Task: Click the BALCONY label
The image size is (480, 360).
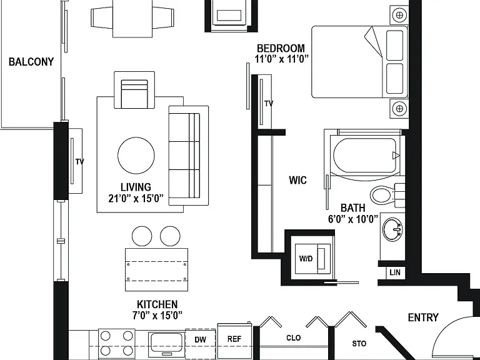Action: (x=31, y=62)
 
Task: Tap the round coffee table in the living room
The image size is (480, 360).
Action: (x=136, y=155)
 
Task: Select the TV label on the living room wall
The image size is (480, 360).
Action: (x=79, y=162)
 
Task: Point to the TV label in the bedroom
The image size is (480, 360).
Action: (x=269, y=104)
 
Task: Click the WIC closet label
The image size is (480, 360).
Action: (x=297, y=180)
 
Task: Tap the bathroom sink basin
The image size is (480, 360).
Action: (x=392, y=229)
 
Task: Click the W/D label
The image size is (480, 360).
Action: (x=306, y=259)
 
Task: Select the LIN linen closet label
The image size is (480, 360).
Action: (x=395, y=272)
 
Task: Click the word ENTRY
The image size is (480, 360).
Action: (x=423, y=317)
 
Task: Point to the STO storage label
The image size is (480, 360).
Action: (x=359, y=344)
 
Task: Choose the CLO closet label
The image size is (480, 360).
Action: (x=294, y=337)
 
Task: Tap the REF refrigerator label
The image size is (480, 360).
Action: (x=234, y=339)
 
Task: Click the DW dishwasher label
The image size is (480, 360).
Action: (x=200, y=339)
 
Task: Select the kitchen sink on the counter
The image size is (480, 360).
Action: (x=166, y=344)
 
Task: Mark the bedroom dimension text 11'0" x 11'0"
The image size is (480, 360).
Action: (x=282, y=59)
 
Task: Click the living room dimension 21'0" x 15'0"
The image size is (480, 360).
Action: (x=136, y=198)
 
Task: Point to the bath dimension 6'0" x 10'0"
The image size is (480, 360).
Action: (x=353, y=219)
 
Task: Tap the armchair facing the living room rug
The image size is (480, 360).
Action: (x=134, y=90)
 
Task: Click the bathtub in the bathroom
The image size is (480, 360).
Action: (x=365, y=155)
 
